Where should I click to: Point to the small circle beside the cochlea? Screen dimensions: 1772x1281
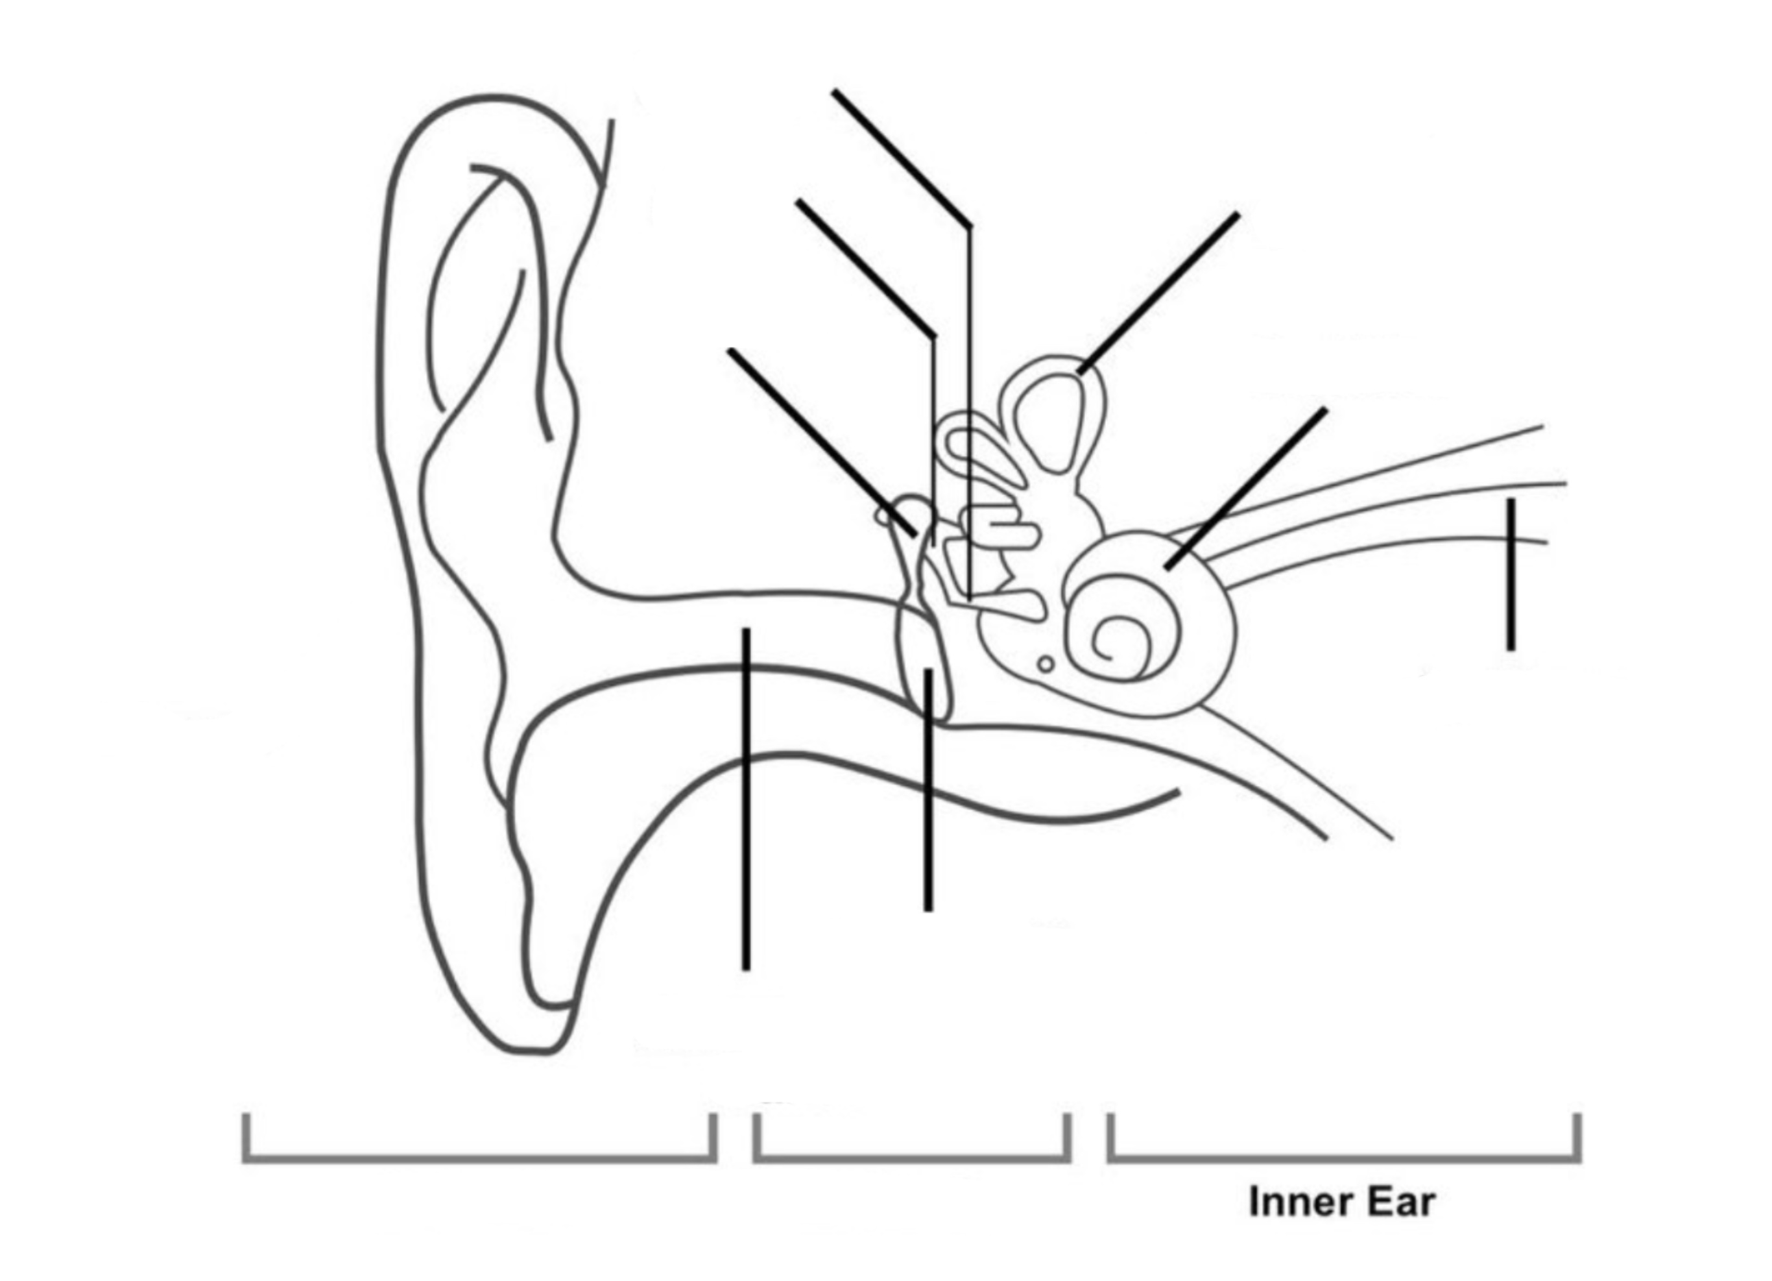pos(1046,665)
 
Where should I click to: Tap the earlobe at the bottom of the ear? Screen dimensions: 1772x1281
pos(539,977)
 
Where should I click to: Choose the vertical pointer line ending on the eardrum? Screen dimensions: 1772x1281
pos(928,789)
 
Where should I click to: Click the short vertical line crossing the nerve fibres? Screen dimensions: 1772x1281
pos(1511,574)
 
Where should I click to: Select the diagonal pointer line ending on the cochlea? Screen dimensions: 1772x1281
pos(1245,489)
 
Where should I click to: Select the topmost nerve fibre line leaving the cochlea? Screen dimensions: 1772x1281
pos(1356,478)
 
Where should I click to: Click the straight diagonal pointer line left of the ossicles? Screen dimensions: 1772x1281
pos(822,443)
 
